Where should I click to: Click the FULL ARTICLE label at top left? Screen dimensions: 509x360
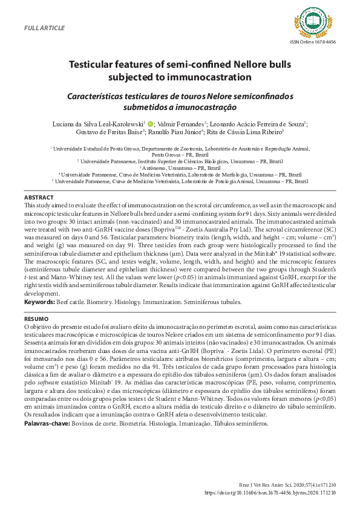[x=43, y=28]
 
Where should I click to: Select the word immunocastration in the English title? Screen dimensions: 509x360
[x=206, y=77]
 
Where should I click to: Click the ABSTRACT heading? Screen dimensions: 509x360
[x=38, y=198]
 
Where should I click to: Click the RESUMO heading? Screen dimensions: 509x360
[x=36, y=317]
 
